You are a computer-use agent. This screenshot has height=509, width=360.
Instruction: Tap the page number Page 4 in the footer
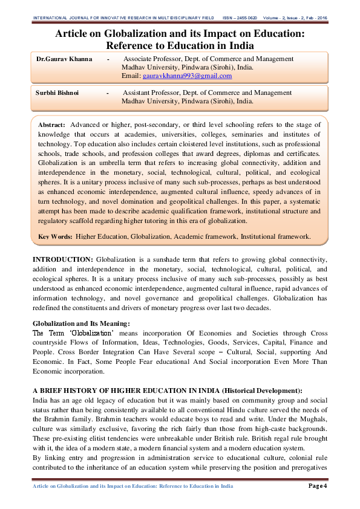(318, 486)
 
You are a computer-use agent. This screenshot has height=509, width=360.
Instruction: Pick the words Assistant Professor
(151, 93)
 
